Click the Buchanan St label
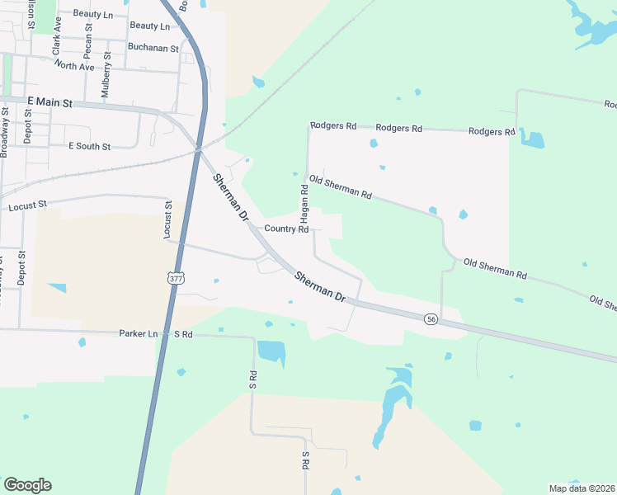(x=153, y=49)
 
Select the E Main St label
(x=49, y=102)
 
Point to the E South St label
(x=89, y=146)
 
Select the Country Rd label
(x=286, y=229)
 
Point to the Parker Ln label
(x=138, y=334)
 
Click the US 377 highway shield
(x=175, y=278)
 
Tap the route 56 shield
(x=431, y=319)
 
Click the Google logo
(x=27, y=485)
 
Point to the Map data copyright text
(x=582, y=488)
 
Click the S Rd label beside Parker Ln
(x=182, y=334)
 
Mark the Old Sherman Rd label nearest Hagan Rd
(x=341, y=186)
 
